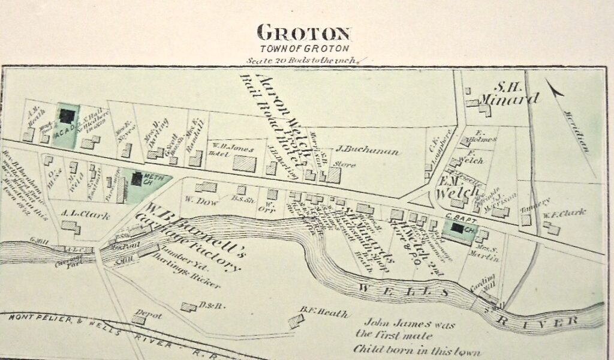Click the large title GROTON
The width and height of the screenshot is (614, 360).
305,32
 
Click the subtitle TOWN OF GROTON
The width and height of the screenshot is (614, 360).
305,48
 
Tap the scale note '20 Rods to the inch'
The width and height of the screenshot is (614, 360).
302,60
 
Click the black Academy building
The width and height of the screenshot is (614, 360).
67,115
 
